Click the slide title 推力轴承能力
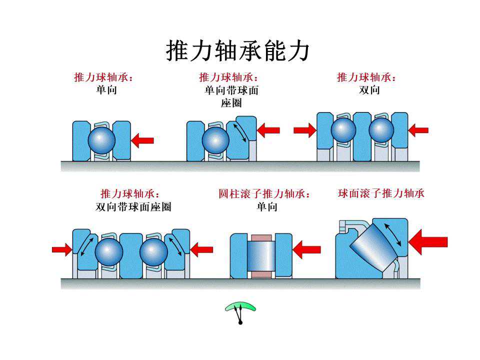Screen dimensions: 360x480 pos(237,51)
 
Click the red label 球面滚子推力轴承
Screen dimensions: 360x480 pos(381,193)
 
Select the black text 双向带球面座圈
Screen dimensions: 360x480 pos(133,206)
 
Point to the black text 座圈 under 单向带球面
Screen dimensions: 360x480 pos(231,103)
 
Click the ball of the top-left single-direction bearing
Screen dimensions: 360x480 pos(101,140)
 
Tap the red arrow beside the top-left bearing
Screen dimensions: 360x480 pos(142,140)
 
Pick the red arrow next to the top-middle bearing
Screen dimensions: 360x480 pos(268,131)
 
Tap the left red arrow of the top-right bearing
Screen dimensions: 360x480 pos(304,130)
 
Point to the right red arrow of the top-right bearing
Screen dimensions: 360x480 pos(418,130)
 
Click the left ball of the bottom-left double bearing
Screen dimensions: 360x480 pos(108,251)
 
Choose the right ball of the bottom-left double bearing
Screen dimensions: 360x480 pos(153,251)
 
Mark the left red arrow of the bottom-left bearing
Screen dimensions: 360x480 pos(62,248)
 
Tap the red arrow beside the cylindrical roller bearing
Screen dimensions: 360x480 pos(306,248)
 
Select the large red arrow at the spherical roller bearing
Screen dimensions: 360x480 pos(427,242)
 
